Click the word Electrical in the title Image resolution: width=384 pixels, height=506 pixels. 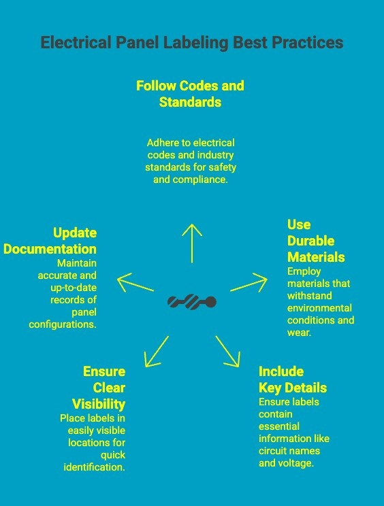click(x=76, y=42)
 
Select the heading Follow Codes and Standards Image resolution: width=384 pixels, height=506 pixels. click(x=190, y=94)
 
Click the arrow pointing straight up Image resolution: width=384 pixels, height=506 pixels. click(x=192, y=243)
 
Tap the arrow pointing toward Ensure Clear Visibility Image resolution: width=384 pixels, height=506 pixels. click(x=157, y=352)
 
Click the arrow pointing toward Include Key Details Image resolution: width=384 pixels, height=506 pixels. click(x=227, y=352)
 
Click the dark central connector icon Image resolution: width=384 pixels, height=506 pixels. click(x=192, y=302)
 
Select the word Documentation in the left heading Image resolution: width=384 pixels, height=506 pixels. click(x=50, y=249)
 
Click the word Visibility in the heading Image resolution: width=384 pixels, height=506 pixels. click(x=99, y=405)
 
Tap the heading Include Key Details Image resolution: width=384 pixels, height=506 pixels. click(x=293, y=379)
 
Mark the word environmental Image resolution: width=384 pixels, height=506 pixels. click(x=319, y=308)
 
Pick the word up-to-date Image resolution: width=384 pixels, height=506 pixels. click(x=74, y=288)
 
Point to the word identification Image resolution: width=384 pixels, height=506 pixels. click(x=95, y=467)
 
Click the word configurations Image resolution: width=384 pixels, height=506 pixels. click(x=63, y=324)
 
